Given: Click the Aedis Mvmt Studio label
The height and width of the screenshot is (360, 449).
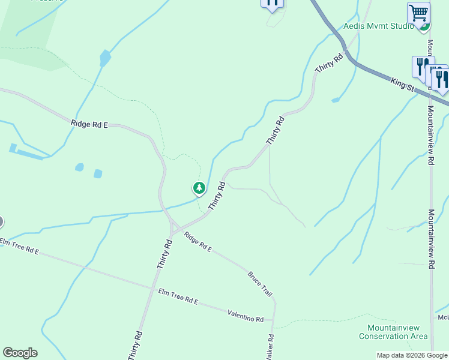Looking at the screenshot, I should (x=378, y=26).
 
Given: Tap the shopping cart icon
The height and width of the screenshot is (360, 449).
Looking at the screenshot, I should (x=418, y=12).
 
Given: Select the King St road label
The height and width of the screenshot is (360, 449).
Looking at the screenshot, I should (x=402, y=85).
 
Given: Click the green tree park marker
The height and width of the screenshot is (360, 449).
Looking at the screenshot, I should (x=199, y=188).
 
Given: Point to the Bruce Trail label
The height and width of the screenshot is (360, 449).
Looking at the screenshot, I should (x=260, y=284).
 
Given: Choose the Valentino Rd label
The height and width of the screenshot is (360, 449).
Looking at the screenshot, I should (x=246, y=316).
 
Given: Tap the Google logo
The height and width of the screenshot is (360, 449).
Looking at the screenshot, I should (x=20, y=353).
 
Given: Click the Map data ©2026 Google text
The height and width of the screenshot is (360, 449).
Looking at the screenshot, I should (x=412, y=355).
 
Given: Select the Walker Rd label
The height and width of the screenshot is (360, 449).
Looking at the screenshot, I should (x=271, y=347).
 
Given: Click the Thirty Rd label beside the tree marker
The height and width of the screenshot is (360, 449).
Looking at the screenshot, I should (x=217, y=196).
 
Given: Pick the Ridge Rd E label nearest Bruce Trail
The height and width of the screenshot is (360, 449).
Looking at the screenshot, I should (x=199, y=241).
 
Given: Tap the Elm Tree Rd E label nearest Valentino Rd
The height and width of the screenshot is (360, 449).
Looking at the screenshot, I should (x=178, y=296).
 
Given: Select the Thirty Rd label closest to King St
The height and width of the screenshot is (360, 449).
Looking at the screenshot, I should (x=329, y=63).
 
